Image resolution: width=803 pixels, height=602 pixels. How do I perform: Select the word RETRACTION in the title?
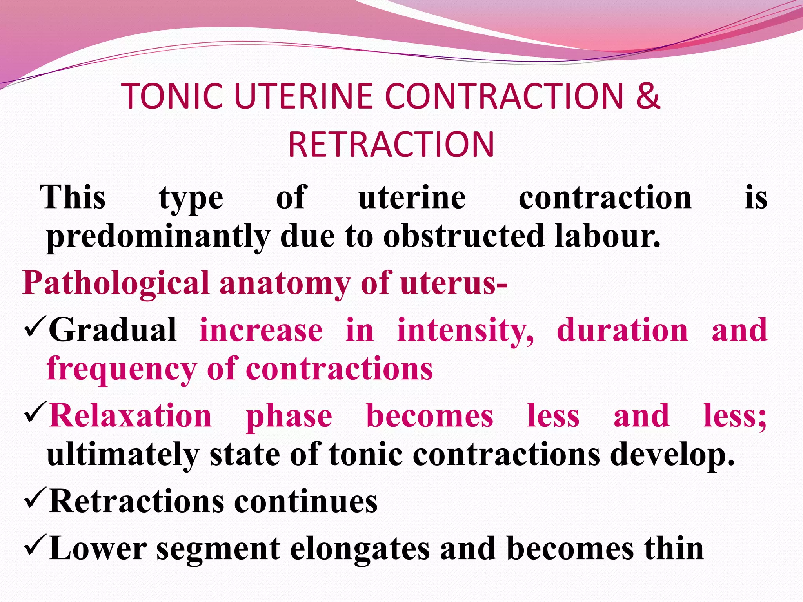[x=391, y=145]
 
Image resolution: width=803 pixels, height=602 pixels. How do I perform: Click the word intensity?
[x=465, y=331]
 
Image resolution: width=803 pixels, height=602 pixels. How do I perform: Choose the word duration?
[x=622, y=330]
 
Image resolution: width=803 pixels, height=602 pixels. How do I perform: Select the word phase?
[x=289, y=416]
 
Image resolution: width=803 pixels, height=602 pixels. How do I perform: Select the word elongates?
[x=360, y=549]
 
